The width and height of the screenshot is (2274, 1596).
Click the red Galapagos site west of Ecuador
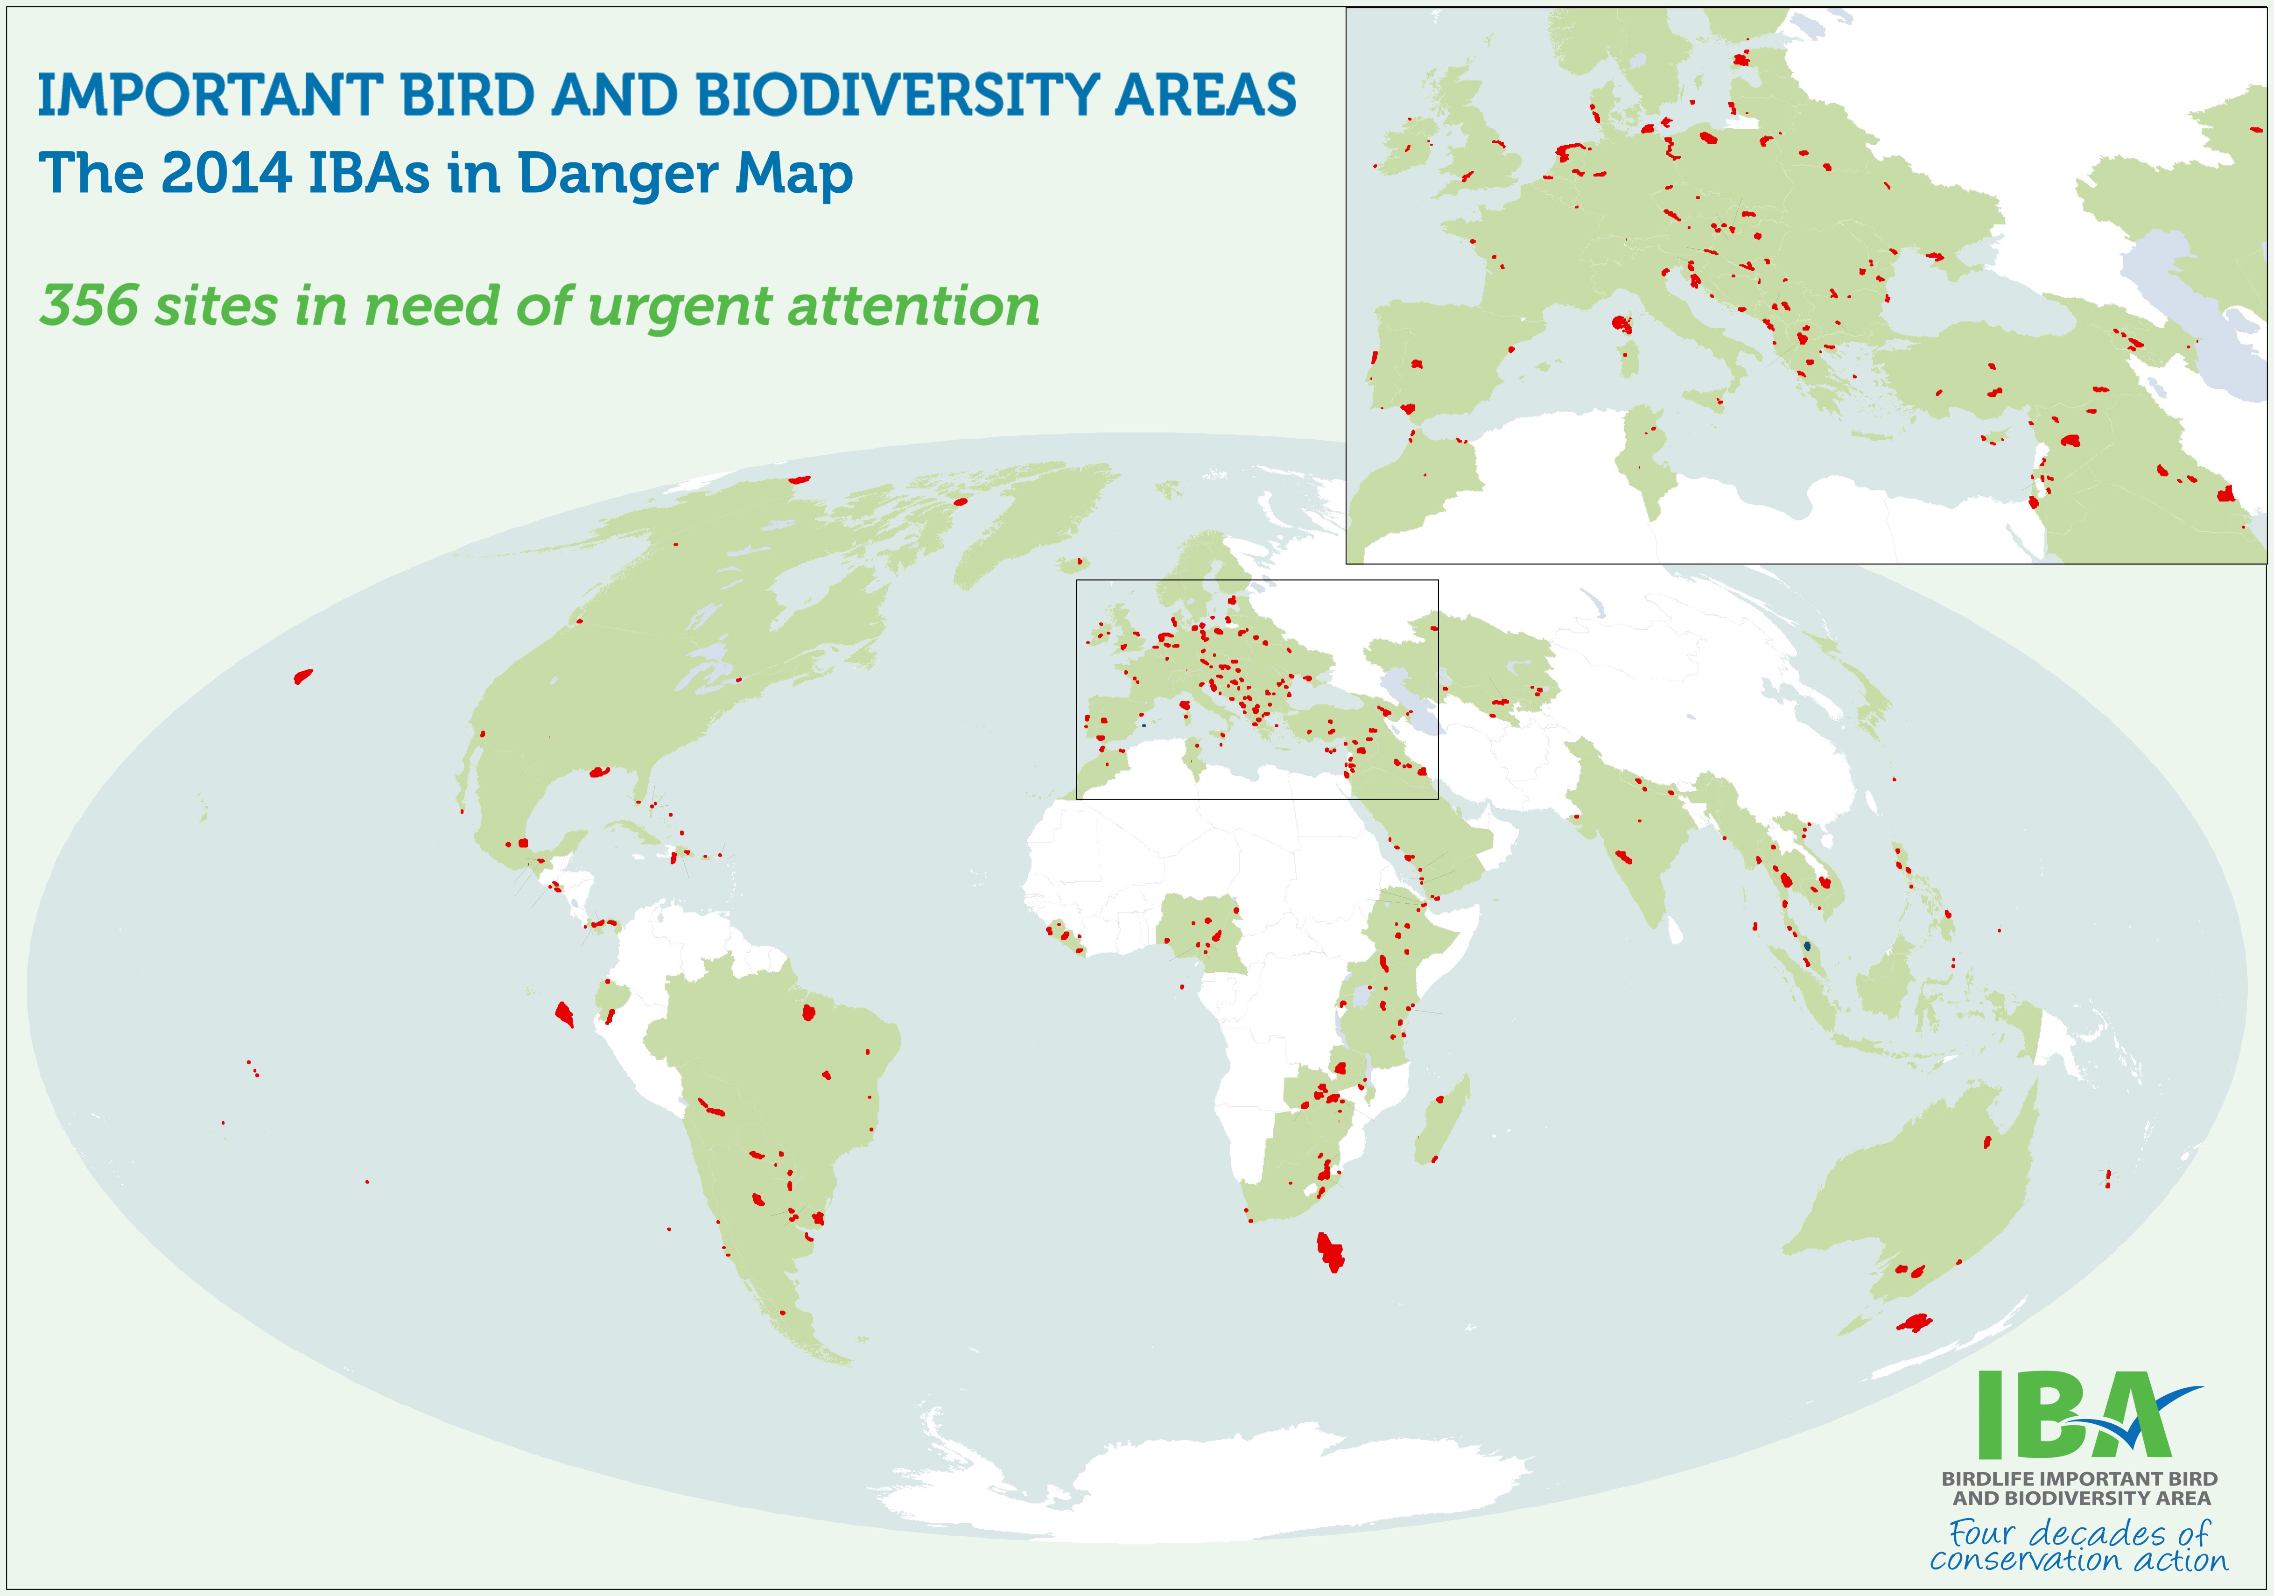pos(563,1014)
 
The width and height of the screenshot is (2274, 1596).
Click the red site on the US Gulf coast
pos(599,772)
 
